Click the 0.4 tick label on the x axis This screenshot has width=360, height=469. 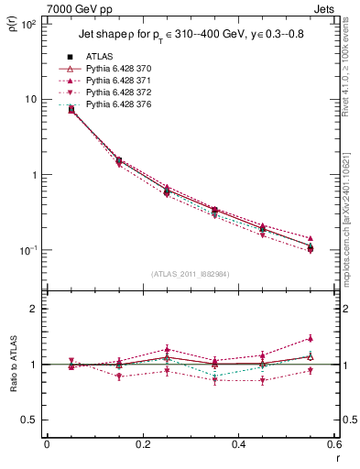click(x=238, y=445)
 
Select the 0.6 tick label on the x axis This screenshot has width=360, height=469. click(x=333, y=445)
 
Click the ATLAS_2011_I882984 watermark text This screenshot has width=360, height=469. click(x=190, y=274)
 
